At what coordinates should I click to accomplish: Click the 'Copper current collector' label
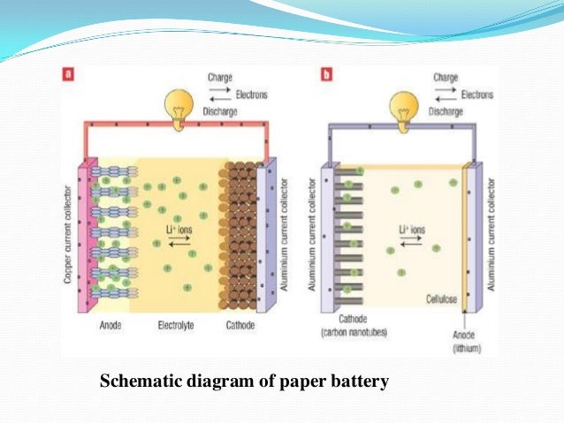[68, 234]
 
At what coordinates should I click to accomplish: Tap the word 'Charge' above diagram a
[220, 77]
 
